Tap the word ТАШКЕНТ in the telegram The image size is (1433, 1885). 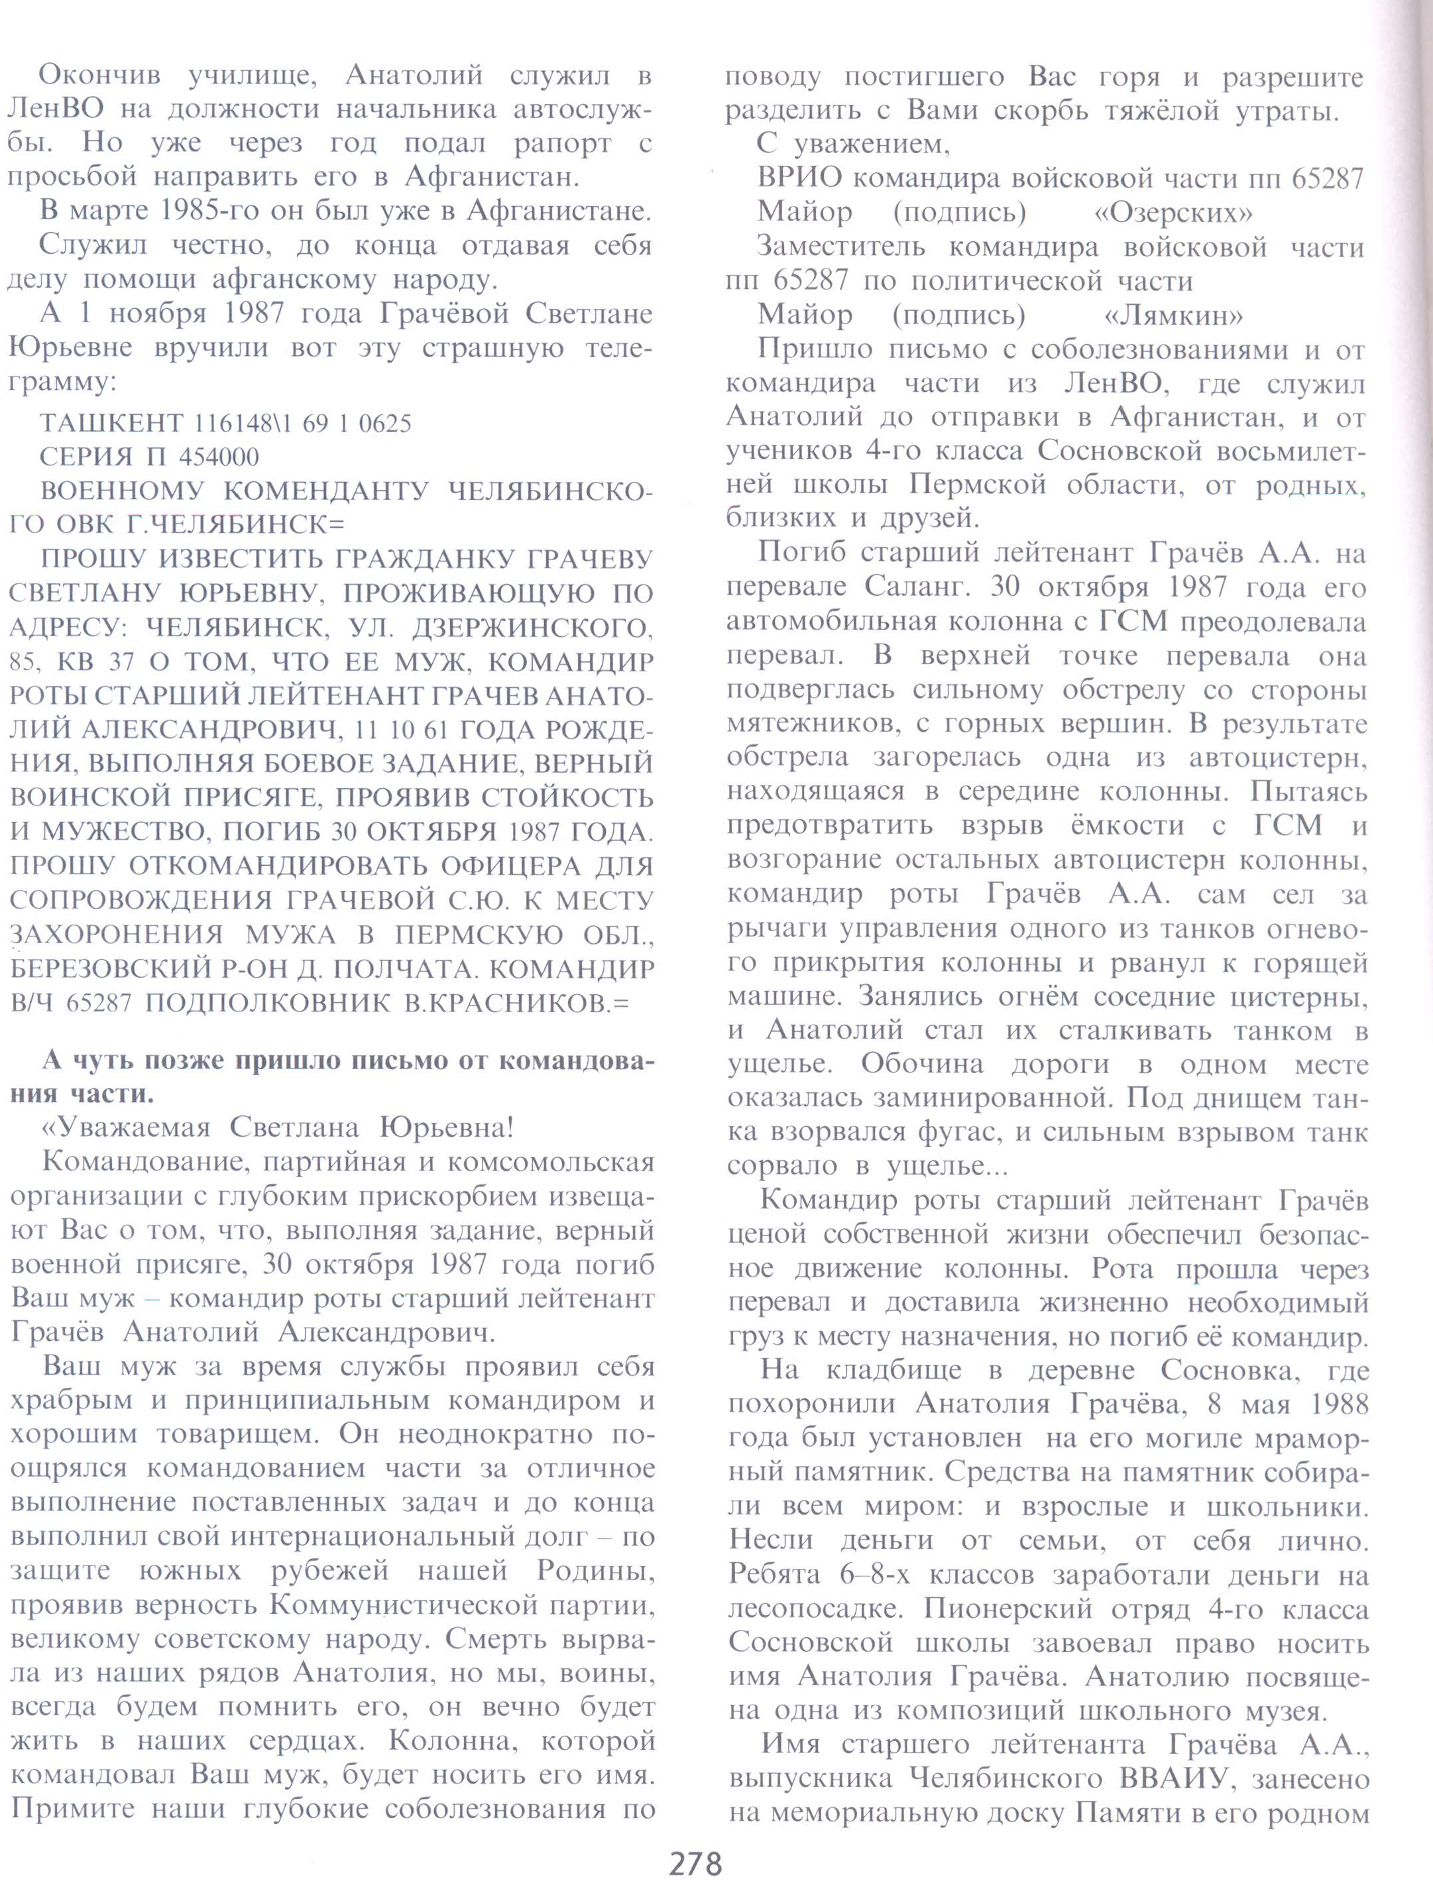(x=110, y=423)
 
